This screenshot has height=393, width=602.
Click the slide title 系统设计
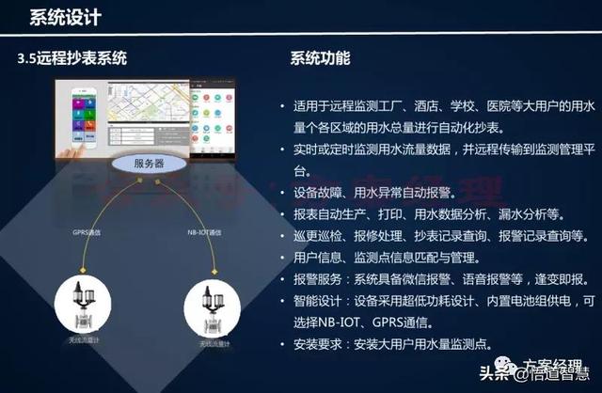(x=66, y=17)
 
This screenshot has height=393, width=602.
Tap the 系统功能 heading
(x=321, y=58)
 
